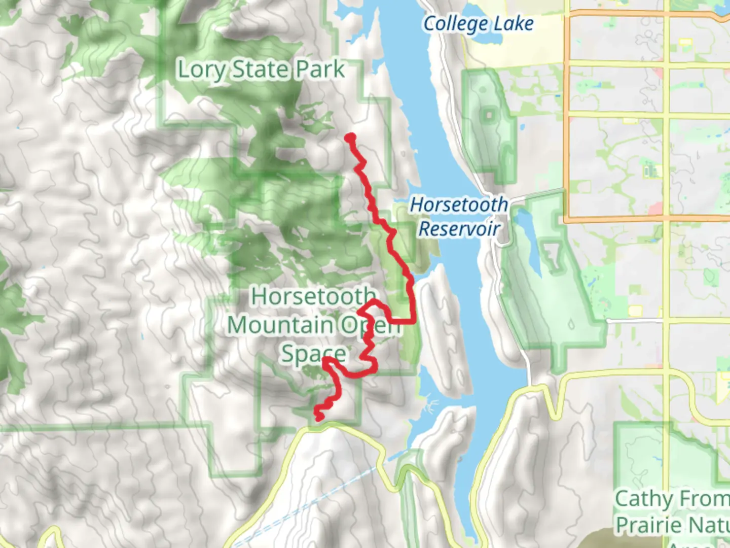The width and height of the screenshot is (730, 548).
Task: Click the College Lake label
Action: pos(478,24)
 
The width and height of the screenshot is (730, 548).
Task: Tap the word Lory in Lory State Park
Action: pos(201,70)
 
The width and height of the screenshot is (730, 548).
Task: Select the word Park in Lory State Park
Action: pos(320,69)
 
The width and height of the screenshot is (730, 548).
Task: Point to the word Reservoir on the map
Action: pos(459,229)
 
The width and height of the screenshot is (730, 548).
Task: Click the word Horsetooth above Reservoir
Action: pos(459,204)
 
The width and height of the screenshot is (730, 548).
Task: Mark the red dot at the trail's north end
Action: pos(350,138)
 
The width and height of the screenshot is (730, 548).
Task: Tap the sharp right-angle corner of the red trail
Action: pos(414,321)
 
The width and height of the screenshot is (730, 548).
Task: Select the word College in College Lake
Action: pos(456,24)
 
